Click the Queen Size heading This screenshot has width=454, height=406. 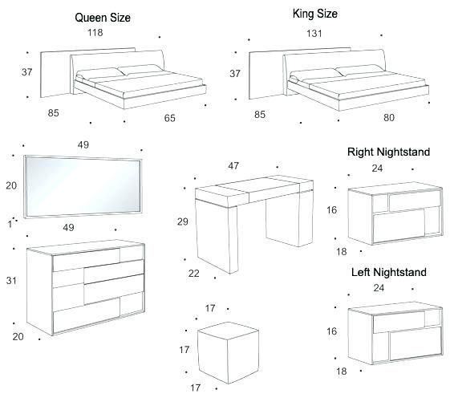[103, 17]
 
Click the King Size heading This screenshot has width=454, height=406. [314, 14]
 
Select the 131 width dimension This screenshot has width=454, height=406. [315, 34]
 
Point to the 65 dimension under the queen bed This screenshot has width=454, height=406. [169, 118]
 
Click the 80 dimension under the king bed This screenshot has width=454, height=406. [388, 117]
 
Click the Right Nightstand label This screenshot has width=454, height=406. [388, 152]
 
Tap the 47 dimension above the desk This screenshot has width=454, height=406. [233, 166]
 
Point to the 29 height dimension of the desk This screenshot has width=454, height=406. [183, 221]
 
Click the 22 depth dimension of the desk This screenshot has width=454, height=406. [193, 274]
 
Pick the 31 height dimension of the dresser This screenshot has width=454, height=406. [11, 280]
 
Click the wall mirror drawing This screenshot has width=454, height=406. [84, 185]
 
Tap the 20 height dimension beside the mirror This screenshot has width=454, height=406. [11, 185]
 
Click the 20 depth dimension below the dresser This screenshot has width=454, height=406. [18, 336]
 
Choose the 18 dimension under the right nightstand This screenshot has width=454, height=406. [341, 251]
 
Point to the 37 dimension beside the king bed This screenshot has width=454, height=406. [235, 73]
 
